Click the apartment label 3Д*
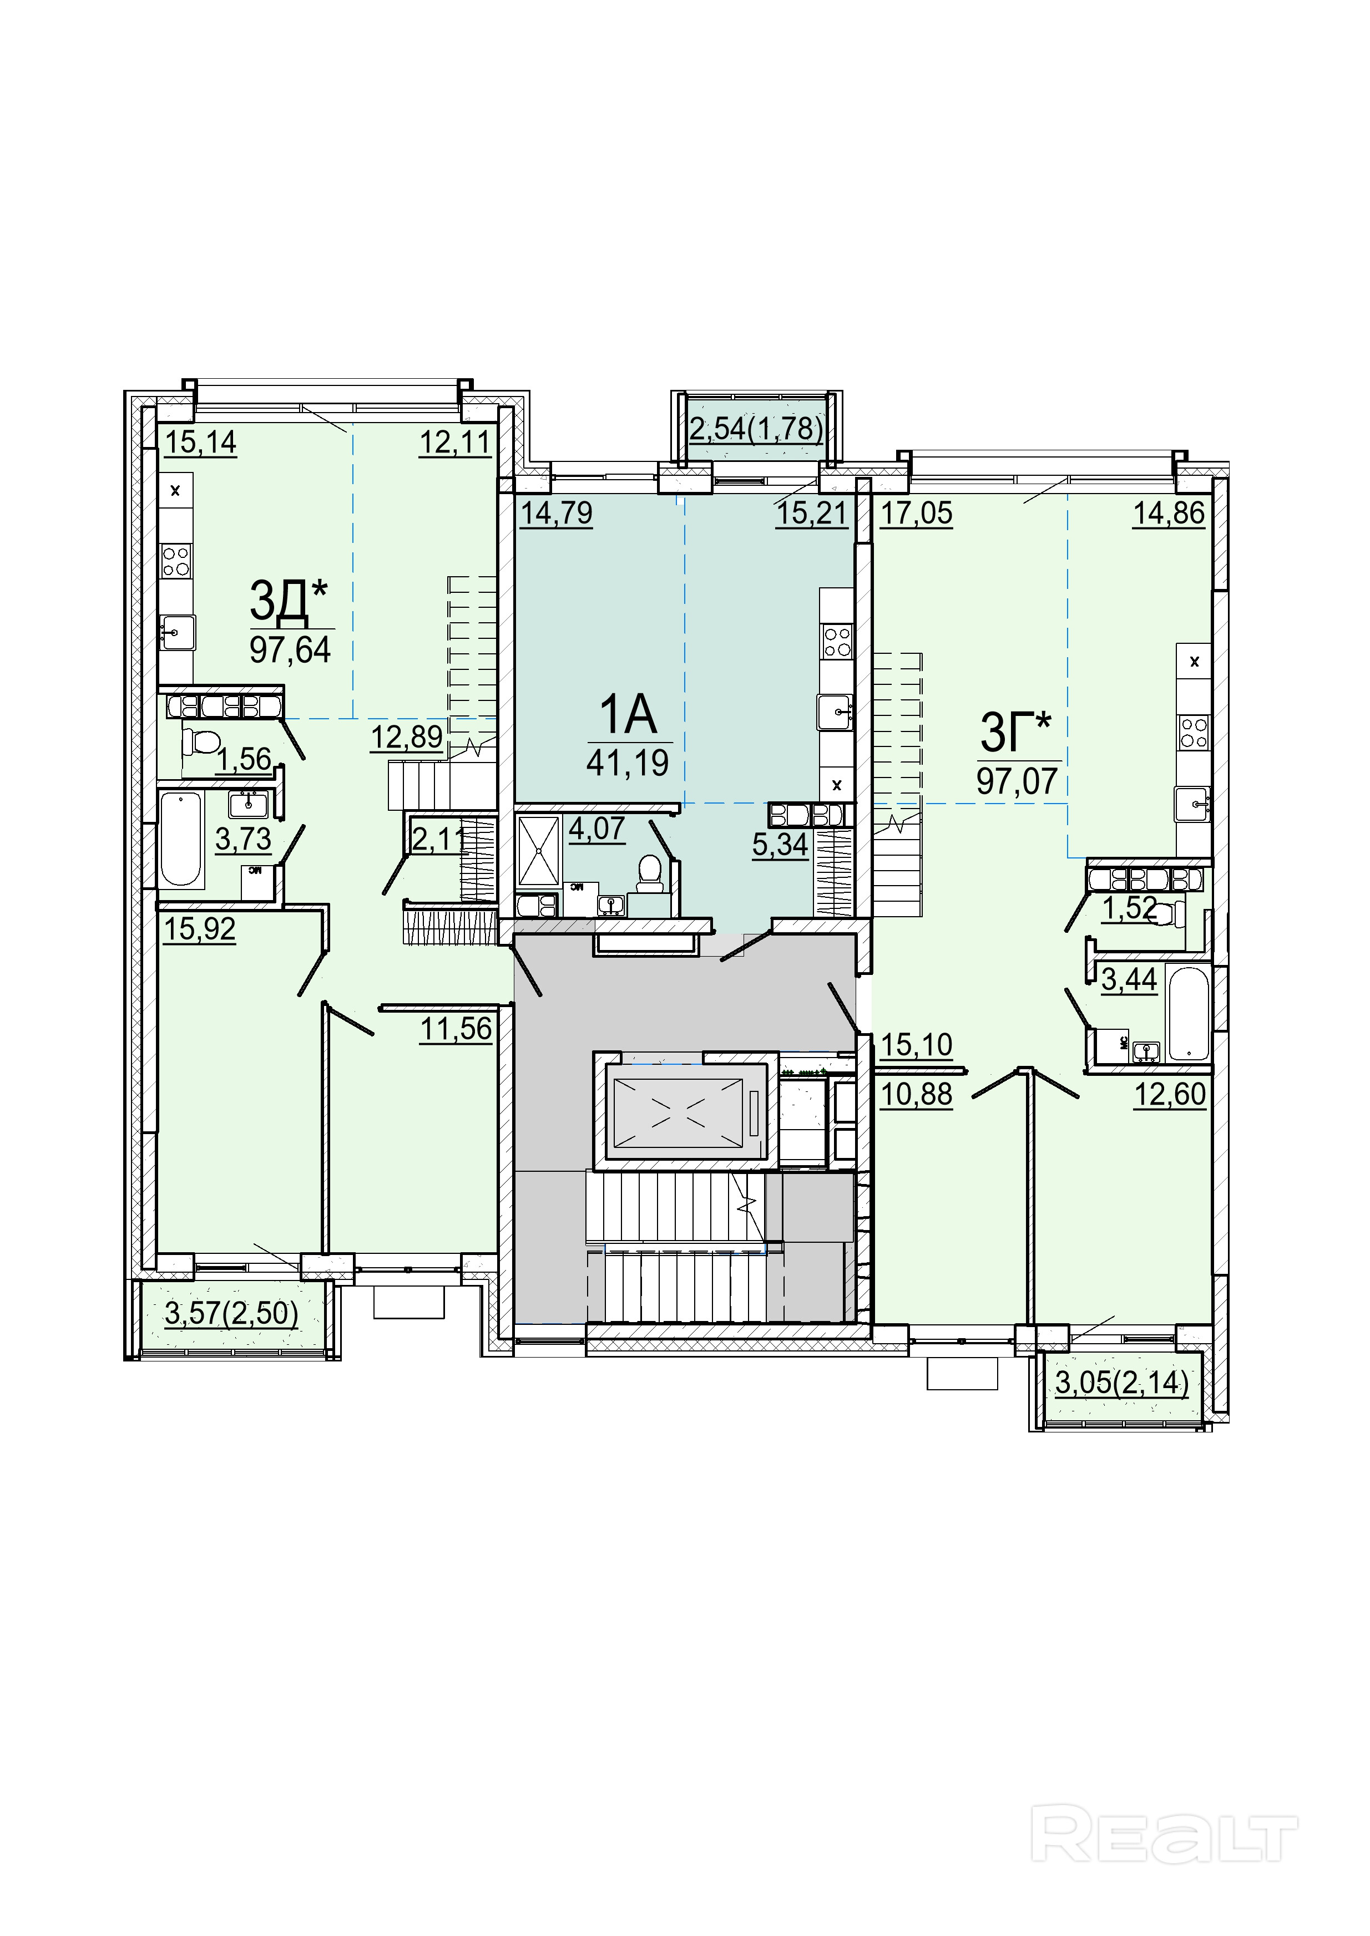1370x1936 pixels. coord(289,601)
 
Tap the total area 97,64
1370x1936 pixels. coord(290,649)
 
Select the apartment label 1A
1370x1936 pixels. coord(628,715)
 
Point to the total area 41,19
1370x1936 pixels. coord(628,763)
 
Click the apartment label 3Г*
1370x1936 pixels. coord(1017,732)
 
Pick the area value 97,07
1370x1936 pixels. coord(1018,781)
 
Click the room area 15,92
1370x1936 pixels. coord(200,929)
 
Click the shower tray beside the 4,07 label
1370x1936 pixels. coord(539,850)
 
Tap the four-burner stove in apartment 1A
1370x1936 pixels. coord(837,641)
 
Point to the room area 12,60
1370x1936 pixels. coord(1170,1095)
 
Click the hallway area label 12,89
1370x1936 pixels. coord(407,737)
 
